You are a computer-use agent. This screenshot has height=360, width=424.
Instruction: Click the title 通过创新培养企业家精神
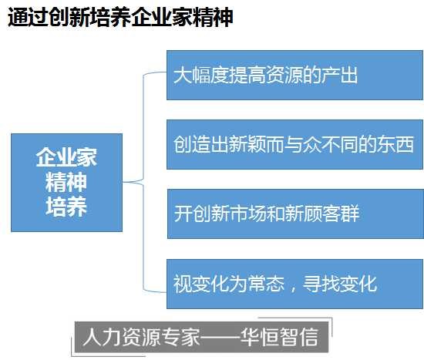[x=120, y=17]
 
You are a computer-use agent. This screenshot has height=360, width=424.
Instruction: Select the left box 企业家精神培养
[x=66, y=183]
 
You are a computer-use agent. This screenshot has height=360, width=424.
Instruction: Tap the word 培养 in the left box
[x=66, y=207]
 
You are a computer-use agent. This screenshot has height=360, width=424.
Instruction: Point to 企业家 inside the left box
[x=66, y=157]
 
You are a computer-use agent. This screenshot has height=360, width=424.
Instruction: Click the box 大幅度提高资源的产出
[x=294, y=75]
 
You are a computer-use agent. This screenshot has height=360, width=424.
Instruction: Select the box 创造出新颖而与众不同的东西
[x=294, y=144]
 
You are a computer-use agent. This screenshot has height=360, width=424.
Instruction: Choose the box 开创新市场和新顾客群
[x=295, y=214]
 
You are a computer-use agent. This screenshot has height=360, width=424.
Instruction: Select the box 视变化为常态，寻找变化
[x=294, y=284]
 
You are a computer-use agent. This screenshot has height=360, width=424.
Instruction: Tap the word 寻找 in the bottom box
[x=321, y=284]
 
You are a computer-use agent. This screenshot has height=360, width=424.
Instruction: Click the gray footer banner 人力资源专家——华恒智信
[x=201, y=337]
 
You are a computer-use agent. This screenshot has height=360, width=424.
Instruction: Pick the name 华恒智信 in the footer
[x=279, y=337]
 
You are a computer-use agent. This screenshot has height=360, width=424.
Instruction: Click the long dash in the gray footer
[x=220, y=337]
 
